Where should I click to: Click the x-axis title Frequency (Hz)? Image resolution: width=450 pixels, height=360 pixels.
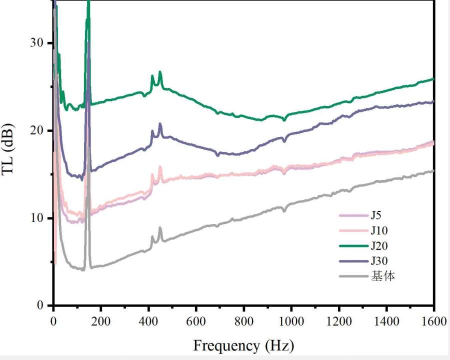click(243, 345)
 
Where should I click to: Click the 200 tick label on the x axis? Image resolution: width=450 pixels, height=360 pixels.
click(100, 320)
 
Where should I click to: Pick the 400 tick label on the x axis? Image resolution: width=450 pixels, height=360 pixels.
click(148, 320)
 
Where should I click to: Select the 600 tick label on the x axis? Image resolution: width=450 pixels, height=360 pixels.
click(196, 320)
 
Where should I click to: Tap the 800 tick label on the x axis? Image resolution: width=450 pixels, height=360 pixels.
click(243, 320)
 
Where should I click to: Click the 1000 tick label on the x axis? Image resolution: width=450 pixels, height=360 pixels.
click(291, 320)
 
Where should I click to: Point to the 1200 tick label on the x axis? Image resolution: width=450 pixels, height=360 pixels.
click(338, 320)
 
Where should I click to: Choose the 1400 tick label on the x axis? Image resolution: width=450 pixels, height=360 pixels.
click(386, 320)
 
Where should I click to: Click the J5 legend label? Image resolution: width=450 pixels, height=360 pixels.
click(377, 215)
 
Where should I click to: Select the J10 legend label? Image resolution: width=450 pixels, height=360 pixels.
click(380, 230)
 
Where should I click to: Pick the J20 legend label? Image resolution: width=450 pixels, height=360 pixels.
click(380, 245)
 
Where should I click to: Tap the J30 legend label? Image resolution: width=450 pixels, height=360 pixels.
click(380, 260)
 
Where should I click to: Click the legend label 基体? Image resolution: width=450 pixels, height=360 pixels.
click(382, 275)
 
